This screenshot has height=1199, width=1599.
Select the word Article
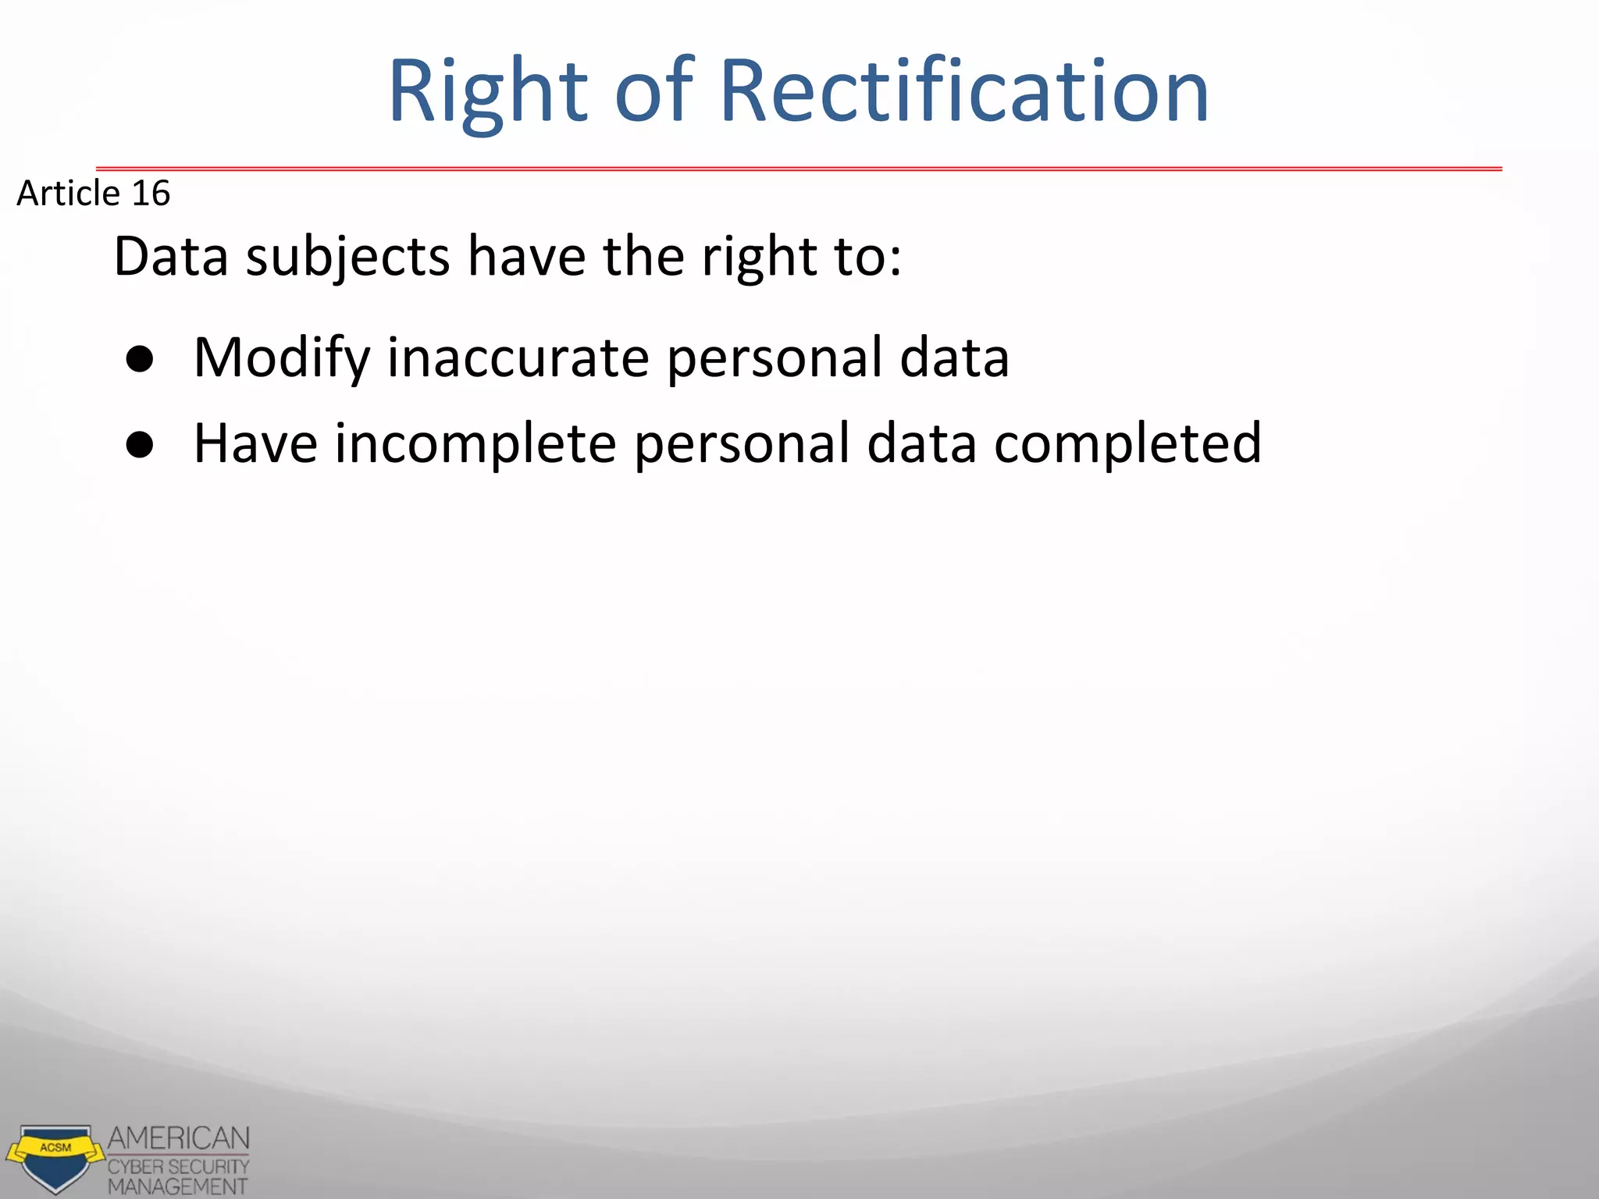pyautogui.click(x=68, y=193)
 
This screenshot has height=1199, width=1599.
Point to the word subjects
pyautogui.click(x=348, y=258)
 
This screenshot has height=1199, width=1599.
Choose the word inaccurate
pyautogui.click(x=518, y=358)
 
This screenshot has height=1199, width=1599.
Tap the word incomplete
pyautogui.click(x=475, y=444)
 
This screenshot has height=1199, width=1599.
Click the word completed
pyautogui.click(x=1127, y=444)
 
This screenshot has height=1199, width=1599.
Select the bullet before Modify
pyautogui.click(x=140, y=360)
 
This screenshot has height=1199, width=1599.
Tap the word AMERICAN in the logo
pyautogui.click(x=179, y=1139)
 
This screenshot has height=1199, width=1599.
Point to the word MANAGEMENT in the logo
pyautogui.click(x=177, y=1187)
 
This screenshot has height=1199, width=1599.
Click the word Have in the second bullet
pyautogui.click(x=255, y=443)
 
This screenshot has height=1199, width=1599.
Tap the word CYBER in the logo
pyautogui.click(x=136, y=1167)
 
